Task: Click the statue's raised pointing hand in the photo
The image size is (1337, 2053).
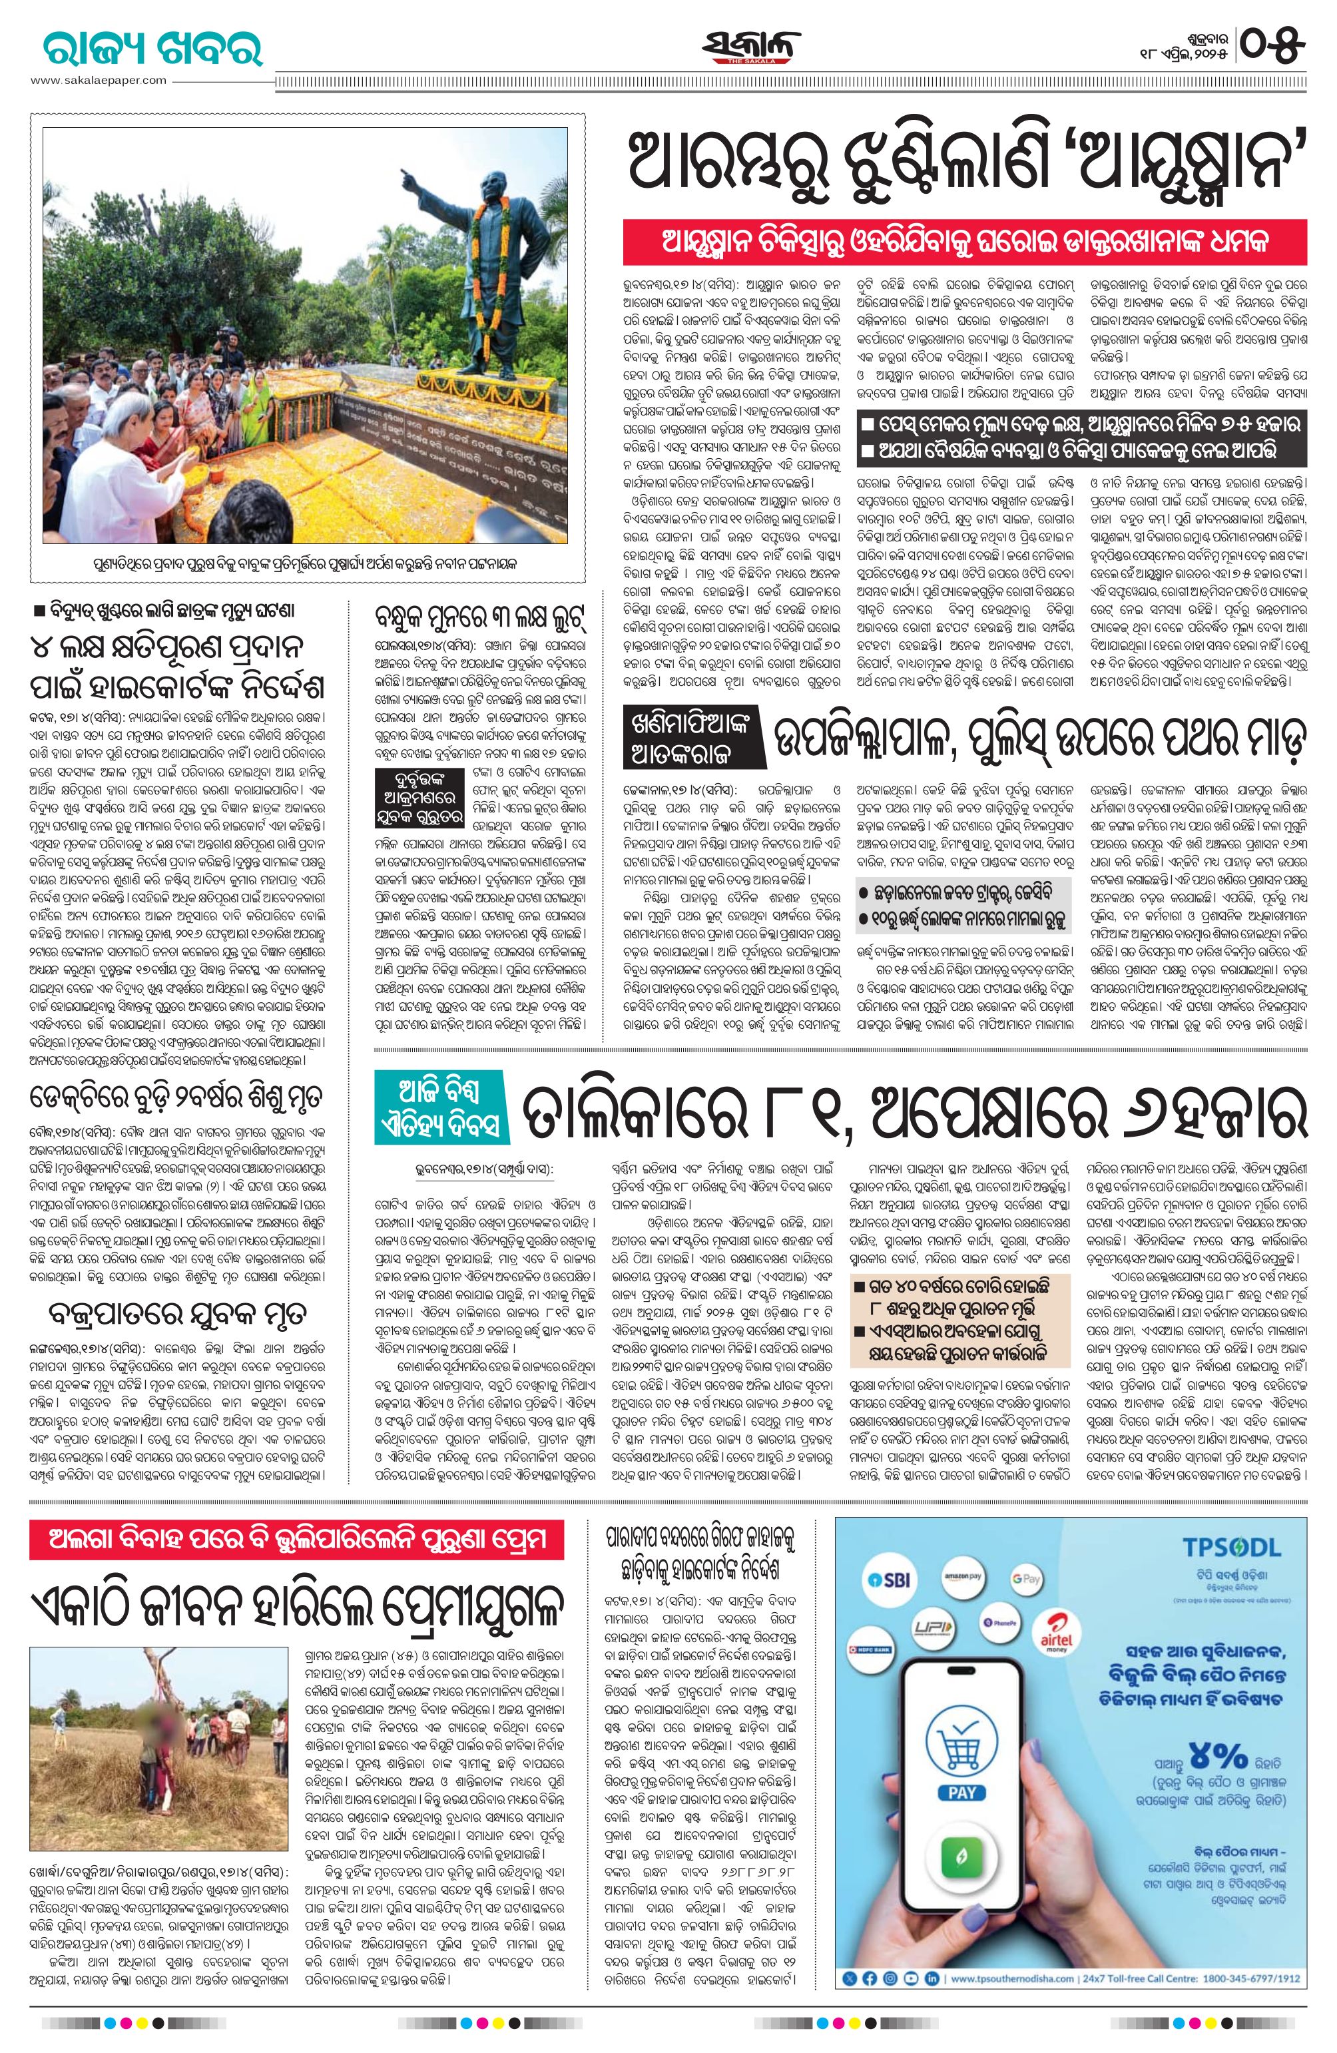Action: tap(406, 178)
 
